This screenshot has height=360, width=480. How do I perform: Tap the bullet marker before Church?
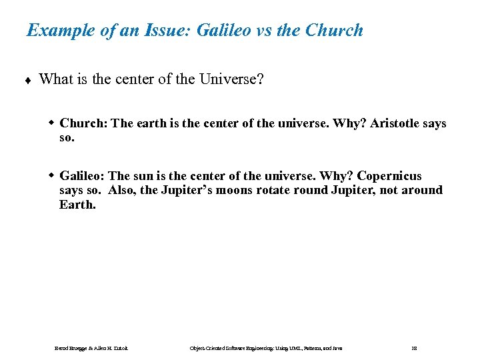51,123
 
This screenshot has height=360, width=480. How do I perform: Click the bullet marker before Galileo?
51,176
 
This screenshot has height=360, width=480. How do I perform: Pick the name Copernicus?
389,176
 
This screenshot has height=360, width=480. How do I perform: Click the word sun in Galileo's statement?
142,176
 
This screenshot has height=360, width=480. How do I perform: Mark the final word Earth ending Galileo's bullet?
76,205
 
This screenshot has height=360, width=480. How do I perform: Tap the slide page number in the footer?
415,348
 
